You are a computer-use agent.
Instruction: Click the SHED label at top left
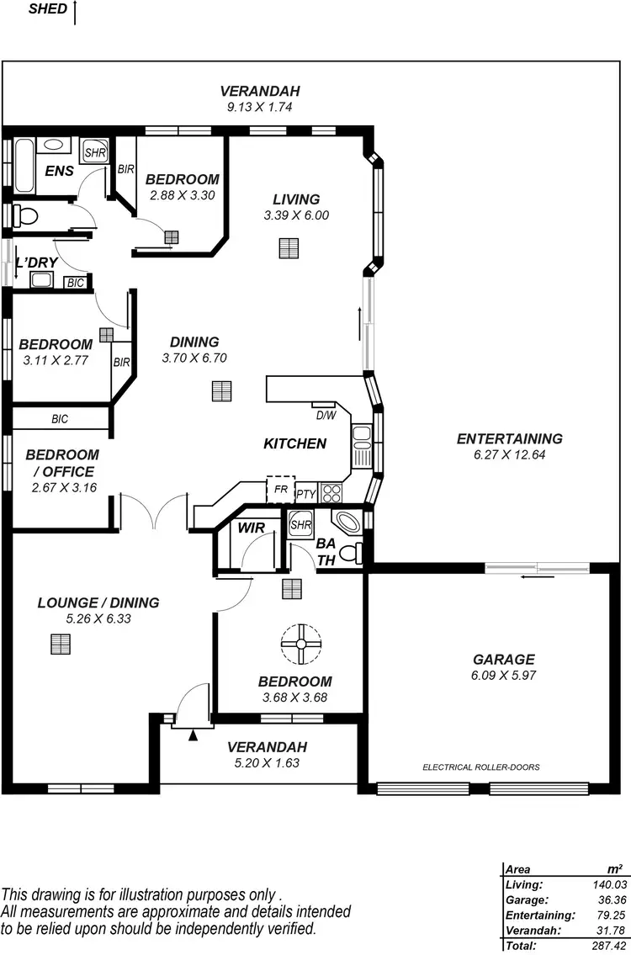pyautogui.click(x=48, y=9)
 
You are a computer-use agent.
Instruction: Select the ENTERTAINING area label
pyautogui.click(x=509, y=438)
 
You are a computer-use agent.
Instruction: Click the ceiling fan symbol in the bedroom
pyautogui.click(x=300, y=644)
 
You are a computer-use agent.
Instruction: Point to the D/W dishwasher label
pyautogui.click(x=325, y=415)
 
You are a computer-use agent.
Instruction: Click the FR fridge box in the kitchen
pyautogui.click(x=279, y=490)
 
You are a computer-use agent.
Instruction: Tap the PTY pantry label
pyautogui.click(x=305, y=495)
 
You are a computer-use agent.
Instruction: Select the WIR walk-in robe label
pyautogui.click(x=251, y=528)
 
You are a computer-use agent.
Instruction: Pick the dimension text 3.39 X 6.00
pyautogui.click(x=296, y=215)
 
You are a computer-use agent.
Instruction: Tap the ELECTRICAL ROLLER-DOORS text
pyautogui.click(x=480, y=767)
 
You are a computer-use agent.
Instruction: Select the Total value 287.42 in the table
pyautogui.click(x=605, y=947)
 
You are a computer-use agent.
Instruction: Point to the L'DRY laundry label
pyautogui.click(x=37, y=263)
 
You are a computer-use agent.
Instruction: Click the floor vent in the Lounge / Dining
pyautogui.click(x=61, y=644)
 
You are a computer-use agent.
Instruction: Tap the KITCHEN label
pyautogui.click(x=294, y=443)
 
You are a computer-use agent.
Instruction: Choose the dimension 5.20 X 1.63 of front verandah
pyautogui.click(x=267, y=763)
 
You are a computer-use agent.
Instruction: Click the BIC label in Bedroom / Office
pyautogui.click(x=60, y=418)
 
